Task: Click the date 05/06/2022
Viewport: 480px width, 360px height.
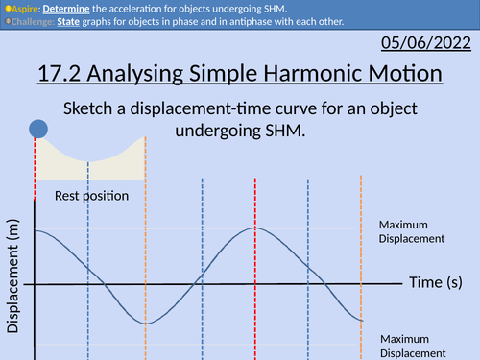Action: coord(427,43)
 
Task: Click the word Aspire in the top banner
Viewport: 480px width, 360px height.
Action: coord(25,8)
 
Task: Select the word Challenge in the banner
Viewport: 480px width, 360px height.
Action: coord(32,22)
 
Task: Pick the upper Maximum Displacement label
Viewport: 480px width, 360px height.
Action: coord(411,231)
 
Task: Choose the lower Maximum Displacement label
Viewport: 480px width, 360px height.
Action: coord(411,346)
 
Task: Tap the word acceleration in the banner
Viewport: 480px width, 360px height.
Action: coord(177,8)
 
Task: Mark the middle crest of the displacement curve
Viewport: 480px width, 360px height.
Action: coord(255,228)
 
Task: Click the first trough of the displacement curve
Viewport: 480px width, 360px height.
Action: coord(145,324)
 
